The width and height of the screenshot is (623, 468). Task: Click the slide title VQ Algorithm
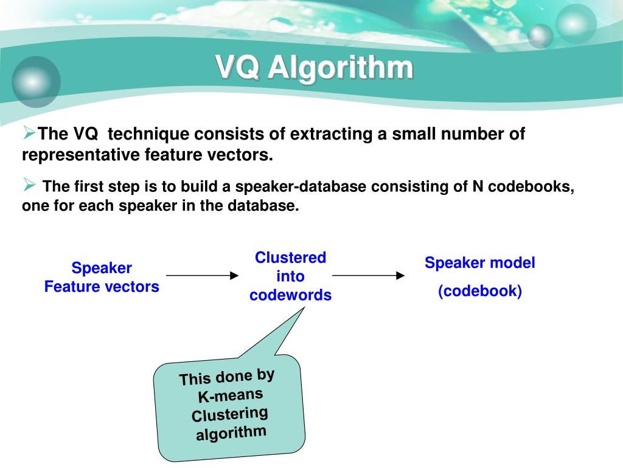tap(315, 68)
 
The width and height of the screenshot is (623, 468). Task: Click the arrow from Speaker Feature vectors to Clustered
tap(202, 275)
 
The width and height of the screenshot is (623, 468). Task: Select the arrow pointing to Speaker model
tap(368, 275)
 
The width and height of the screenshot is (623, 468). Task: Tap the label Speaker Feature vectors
tap(102, 277)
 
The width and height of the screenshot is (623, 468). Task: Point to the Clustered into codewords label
tap(290, 276)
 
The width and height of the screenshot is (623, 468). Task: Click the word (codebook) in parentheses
tap(480, 291)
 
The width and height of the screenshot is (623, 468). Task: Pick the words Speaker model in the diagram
tap(480, 263)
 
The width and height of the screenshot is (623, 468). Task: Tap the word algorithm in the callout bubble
tap(231, 433)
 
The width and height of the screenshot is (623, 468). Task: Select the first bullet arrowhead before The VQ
tap(29, 132)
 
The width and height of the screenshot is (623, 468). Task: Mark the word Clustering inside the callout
tap(230, 415)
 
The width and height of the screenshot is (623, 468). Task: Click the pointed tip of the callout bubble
tap(304, 308)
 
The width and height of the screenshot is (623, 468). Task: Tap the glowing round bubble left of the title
tap(36, 81)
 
